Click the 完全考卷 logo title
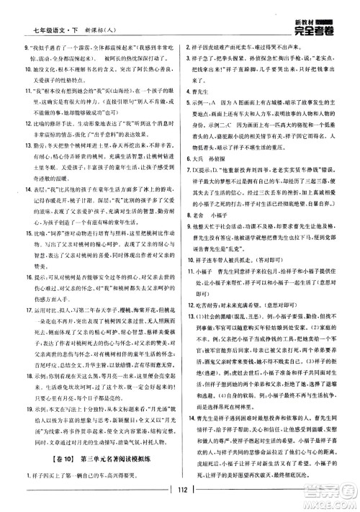(x=319, y=28)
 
